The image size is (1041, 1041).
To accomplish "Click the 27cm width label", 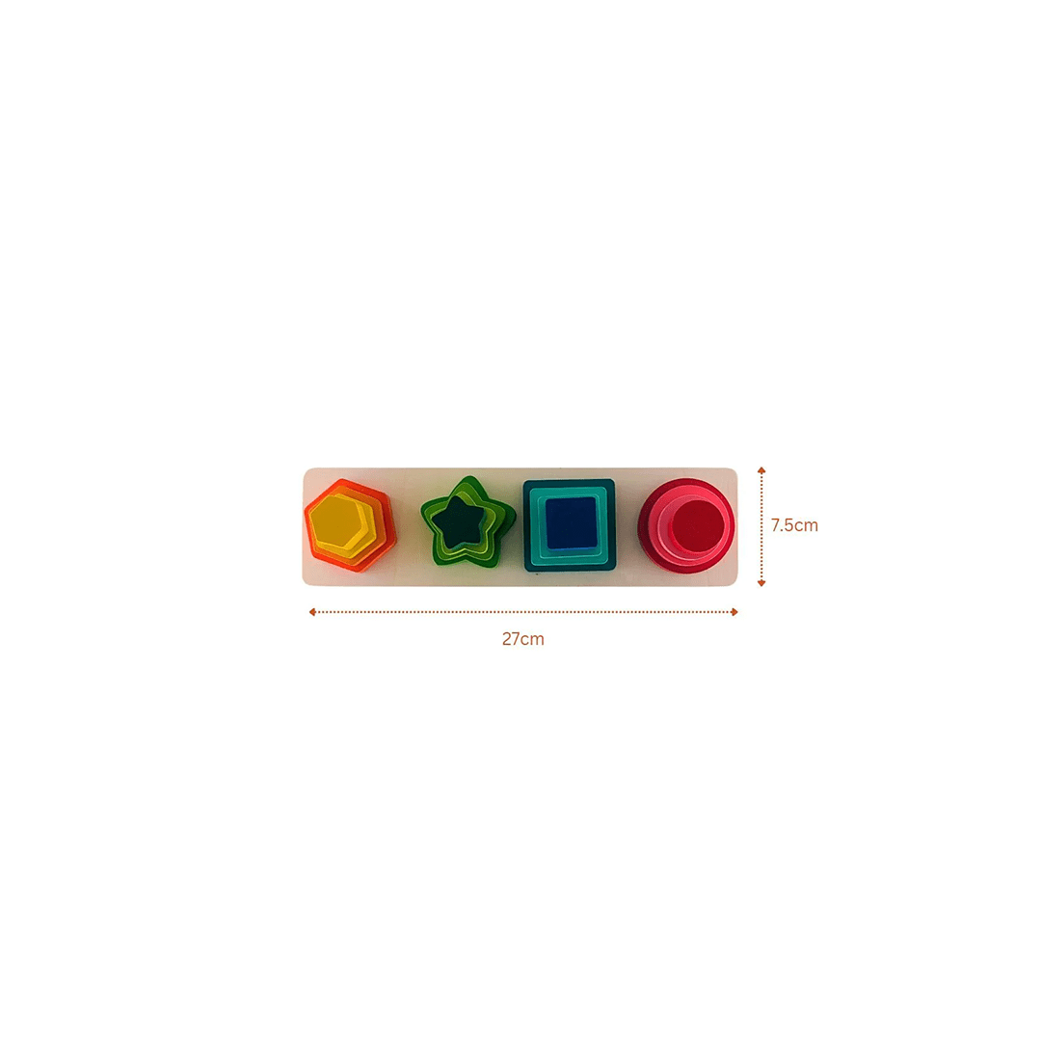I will click(522, 639).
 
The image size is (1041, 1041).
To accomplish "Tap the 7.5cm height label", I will click(794, 525).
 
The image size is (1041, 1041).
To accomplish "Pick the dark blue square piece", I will click(569, 522).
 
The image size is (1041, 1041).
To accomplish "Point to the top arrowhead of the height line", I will click(761, 470).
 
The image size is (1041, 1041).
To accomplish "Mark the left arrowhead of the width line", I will click(312, 612).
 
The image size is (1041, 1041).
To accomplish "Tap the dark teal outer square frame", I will click(569, 567).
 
